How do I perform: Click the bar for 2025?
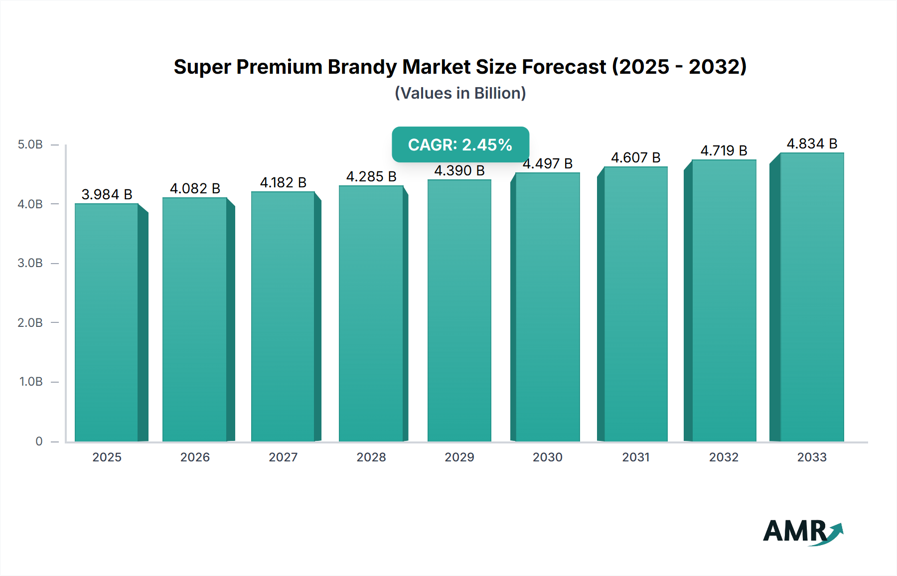pos(107,322)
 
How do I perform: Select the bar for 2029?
pos(459,310)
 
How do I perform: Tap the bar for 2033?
pos(812,297)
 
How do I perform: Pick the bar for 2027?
pos(283,316)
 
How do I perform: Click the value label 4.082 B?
pos(195,188)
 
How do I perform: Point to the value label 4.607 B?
pos(635,157)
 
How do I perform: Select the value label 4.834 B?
pos(812,144)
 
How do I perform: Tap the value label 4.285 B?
pos(371,176)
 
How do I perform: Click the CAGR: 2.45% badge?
pos(460,144)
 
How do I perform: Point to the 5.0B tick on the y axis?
pos(30,144)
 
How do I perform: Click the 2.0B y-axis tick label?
pos(30,322)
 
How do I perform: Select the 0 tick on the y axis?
pos(39,441)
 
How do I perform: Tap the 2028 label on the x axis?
pos(371,457)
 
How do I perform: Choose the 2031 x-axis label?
pos(635,457)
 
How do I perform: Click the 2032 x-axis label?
pos(724,457)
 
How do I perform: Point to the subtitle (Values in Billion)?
pos(460,93)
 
